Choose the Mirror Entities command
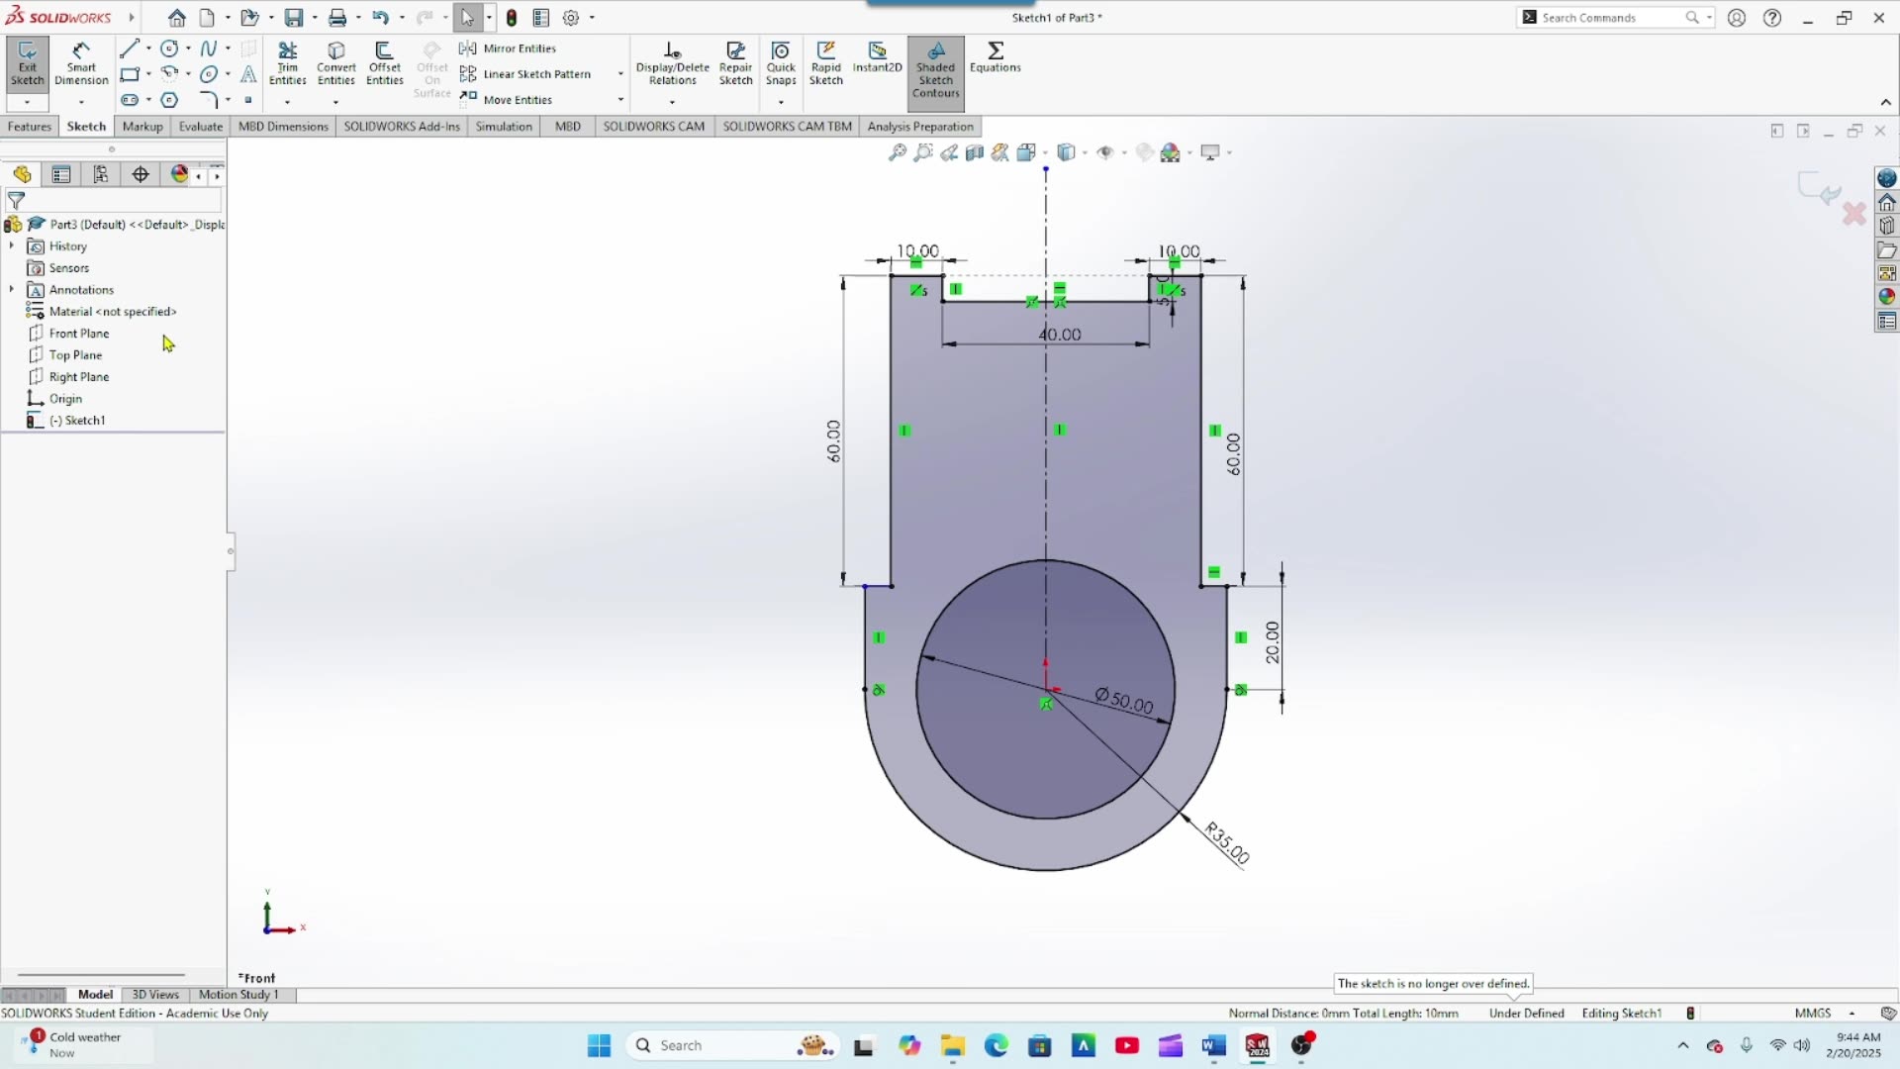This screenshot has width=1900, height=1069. pyautogui.click(x=519, y=49)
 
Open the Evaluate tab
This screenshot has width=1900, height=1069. pyautogui.click(x=200, y=127)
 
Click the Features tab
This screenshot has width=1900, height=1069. pyautogui.click(x=30, y=127)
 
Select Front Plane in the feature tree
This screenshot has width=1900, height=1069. pyautogui.click(x=79, y=334)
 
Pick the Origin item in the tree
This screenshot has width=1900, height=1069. pyautogui.click(x=65, y=399)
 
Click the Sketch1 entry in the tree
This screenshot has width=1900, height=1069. pyautogui.click(x=84, y=421)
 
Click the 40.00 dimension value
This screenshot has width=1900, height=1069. pyautogui.click(x=1059, y=335)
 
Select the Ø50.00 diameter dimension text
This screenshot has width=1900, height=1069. pyautogui.click(x=1124, y=700)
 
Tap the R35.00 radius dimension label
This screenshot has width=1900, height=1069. pyautogui.click(x=1227, y=842)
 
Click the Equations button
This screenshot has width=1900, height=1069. pyautogui.click(x=995, y=57)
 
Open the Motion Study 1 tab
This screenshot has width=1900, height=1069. pyautogui.click(x=238, y=995)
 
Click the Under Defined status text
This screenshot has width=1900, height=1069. pyautogui.click(x=1526, y=1014)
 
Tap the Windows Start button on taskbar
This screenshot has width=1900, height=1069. pyautogui.click(x=599, y=1046)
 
